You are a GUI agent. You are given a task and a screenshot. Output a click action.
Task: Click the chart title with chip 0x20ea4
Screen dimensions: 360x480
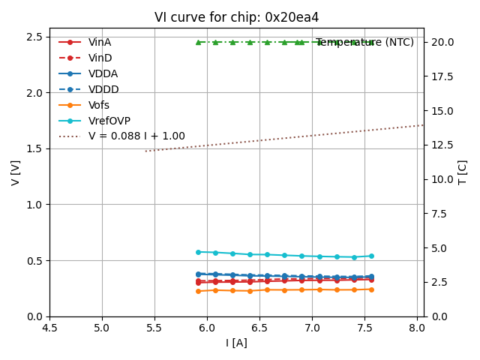[x=236, y=17]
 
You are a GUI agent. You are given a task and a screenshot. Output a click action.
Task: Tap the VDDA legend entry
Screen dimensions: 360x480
[x=103, y=74]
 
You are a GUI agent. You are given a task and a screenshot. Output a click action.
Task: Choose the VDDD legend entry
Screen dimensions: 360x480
[x=103, y=89]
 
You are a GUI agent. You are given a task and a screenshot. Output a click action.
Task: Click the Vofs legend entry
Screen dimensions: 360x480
[x=98, y=105]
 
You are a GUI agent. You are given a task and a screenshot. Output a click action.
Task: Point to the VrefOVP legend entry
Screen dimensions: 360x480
[x=109, y=121]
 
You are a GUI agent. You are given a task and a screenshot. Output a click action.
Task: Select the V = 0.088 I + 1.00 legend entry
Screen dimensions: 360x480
[x=136, y=136]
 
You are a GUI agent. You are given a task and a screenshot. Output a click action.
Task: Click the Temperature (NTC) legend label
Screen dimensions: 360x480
[x=364, y=43]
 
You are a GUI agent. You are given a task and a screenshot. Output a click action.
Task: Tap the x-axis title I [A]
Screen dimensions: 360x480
[x=236, y=343]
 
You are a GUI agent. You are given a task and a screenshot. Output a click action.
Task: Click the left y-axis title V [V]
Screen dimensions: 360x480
[x=16, y=172]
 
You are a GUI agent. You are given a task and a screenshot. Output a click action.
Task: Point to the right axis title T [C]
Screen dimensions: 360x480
[x=462, y=172]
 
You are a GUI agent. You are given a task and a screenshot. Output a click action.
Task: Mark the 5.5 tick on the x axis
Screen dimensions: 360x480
[x=154, y=328]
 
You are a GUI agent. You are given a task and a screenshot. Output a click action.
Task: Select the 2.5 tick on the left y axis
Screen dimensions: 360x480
[x=34, y=37]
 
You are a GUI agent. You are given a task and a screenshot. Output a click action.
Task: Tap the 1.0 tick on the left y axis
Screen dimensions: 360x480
[x=34, y=205]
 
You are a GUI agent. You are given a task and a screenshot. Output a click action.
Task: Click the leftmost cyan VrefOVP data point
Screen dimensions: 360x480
[x=198, y=252]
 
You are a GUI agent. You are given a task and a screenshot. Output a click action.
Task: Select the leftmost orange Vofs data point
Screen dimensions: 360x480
[x=198, y=291]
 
